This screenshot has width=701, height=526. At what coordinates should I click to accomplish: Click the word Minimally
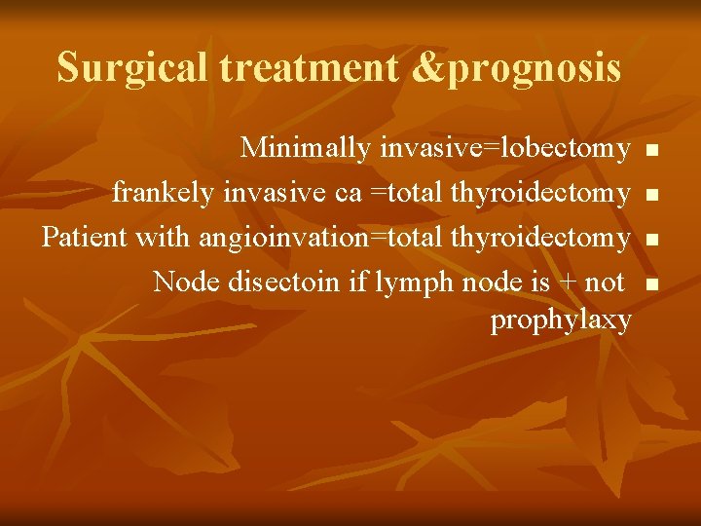pos(306,148)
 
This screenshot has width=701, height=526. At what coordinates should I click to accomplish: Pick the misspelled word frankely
pos(164,193)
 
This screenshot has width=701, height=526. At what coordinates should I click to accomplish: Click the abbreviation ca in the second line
pos(348,193)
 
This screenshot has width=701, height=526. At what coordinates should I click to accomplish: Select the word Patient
pos(86,237)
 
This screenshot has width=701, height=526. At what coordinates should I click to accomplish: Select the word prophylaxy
pos(561,319)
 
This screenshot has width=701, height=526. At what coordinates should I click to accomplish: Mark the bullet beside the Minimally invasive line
pos(652,150)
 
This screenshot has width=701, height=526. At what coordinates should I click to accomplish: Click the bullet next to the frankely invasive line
pos(652,195)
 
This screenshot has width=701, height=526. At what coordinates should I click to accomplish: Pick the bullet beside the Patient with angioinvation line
pos(652,239)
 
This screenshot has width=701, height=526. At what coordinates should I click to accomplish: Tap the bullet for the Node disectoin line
pos(652,283)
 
